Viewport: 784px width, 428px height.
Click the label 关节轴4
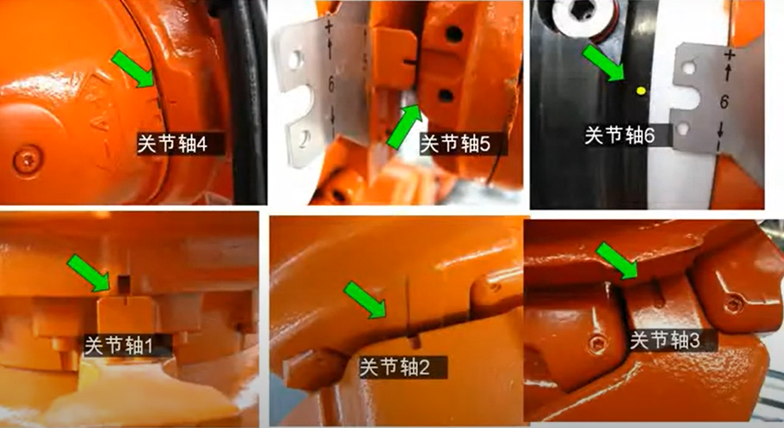tap(172, 144)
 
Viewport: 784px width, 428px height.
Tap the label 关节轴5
tap(455, 144)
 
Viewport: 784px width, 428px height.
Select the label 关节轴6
tap(620, 135)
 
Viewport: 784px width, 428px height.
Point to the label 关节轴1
tap(119, 346)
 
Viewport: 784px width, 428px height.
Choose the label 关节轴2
tap(395, 367)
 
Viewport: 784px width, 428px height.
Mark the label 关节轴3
tap(665, 340)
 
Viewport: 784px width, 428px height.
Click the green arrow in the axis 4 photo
tap(133, 69)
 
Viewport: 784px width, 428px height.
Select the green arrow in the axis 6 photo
tap(603, 63)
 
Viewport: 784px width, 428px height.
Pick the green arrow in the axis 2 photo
tap(365, 300)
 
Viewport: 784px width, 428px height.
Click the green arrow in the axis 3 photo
tap(617, 261)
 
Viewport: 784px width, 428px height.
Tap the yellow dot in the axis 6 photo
tap(641, 91)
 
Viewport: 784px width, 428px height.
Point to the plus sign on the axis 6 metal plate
tap(729, 55)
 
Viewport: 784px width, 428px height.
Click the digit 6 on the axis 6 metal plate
tap(724, 102)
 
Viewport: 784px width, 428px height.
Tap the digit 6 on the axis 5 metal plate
tap(331, 85)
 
